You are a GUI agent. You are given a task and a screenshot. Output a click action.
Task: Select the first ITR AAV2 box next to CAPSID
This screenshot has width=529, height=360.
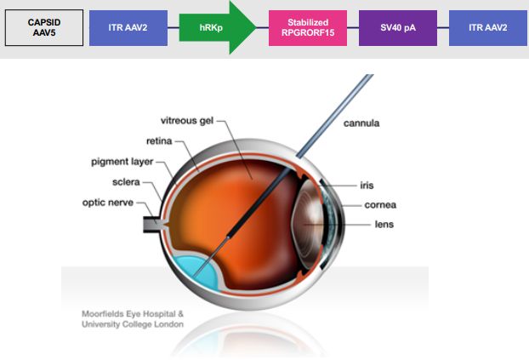click(128, 29)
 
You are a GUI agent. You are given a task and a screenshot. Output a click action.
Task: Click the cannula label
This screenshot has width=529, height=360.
click(362, 123)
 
